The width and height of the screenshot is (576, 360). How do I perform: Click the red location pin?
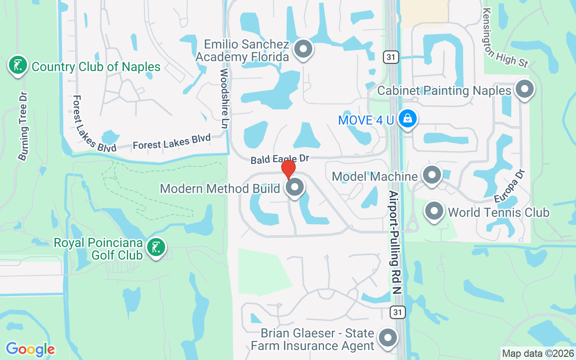pos(288,170)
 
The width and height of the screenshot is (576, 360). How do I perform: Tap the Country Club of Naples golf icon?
pos(18,66)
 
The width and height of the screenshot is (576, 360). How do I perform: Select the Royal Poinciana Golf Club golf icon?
pos(156,247)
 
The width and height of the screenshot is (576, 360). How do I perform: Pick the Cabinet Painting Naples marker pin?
pos(524,89)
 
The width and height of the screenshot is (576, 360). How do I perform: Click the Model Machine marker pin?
pos(432,175)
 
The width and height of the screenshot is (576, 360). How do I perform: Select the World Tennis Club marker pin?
pos(434,211)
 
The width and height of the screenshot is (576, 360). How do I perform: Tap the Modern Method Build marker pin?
pos(295,188)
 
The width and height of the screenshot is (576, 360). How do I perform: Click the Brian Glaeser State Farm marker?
pos(387,338)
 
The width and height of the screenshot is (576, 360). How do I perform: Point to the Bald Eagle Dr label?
pos(280,159)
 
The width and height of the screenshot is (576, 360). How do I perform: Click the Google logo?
pos(30,349)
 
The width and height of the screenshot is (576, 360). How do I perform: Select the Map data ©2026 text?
pos(538,353)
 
